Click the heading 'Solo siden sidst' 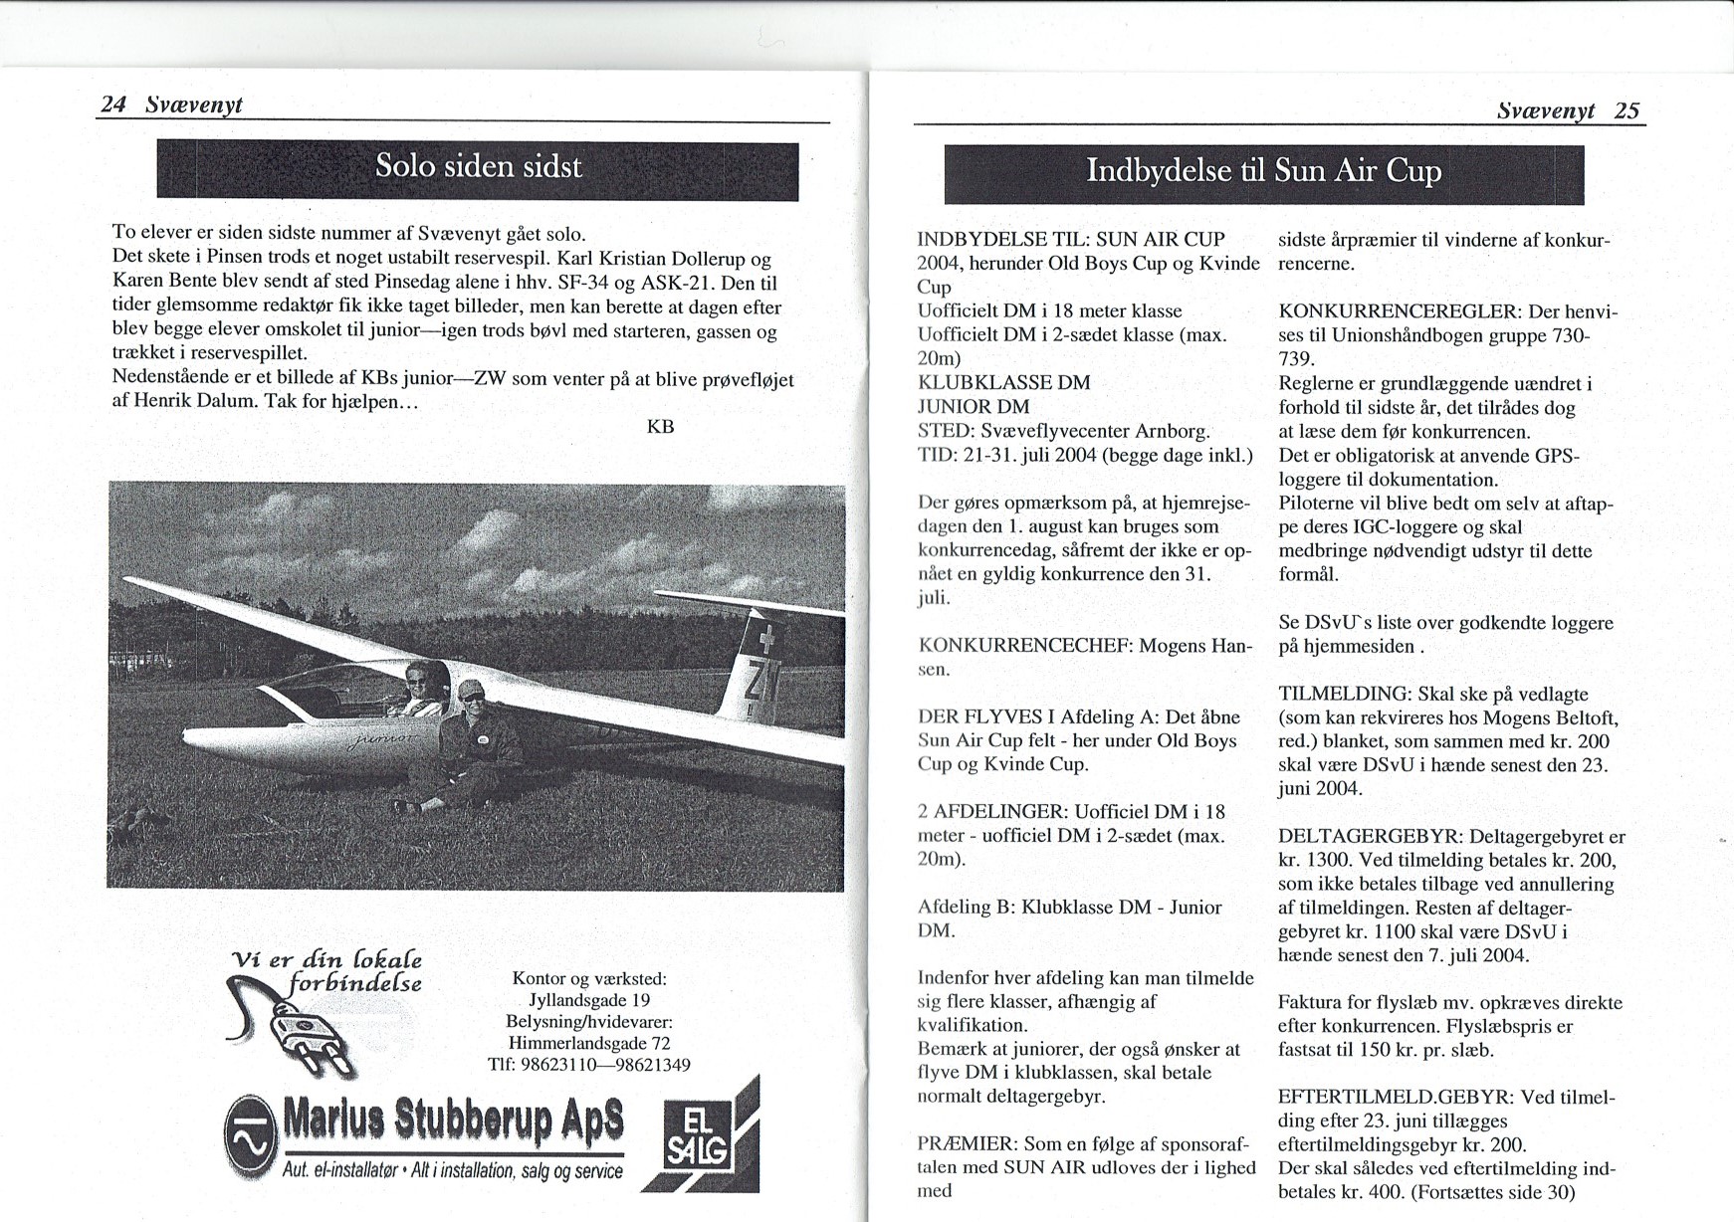[x=478, y=166]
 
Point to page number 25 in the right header [x=1626, y=110]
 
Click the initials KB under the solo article [x=660, y=427]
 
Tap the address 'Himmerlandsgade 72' [x=589, y=1043]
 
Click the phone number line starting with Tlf [x=589, y=1065]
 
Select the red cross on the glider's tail [x=766, y=637]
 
